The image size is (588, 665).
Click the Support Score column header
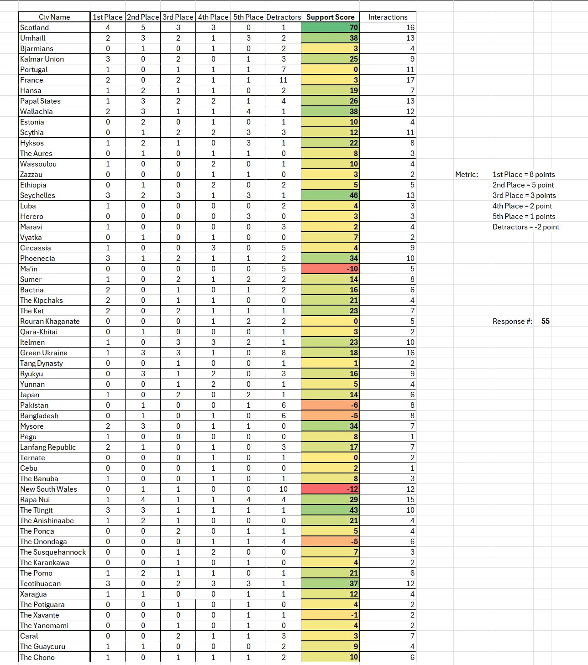pyautogui.click(x=330, y=17)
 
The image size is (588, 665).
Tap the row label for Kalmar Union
pyautogui.click(x=42, y=59)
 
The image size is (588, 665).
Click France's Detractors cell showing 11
pyautogui.click(x=283, y=80)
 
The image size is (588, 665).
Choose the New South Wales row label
pyautogui.click(x=48, y=489)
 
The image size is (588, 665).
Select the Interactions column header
pyautogui.click(x=388, y=17)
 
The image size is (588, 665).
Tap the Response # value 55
pyautogui.click(x=545, y=321)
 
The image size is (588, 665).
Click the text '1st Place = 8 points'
pyautogui.click(x=524, y=174)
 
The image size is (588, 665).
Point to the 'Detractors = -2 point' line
pyautogui.click(x=525, y=227)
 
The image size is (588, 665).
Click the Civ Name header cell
pyautogui.click(x=54, y=17)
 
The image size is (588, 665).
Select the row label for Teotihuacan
pyautogui.click(x=40, y=583)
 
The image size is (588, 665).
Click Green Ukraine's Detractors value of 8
pyautogui.click(x=283, y=353)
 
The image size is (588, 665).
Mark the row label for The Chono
pyautogui.click(x=37, y=657)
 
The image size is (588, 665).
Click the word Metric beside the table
pyautogui.click(x=467, y=174)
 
